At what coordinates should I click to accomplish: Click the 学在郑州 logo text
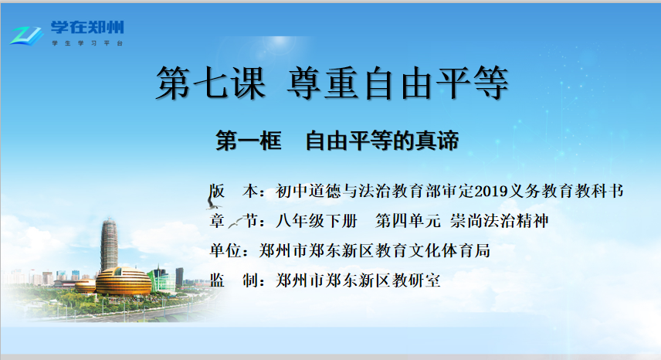pyautogui.click(x=87, y=28)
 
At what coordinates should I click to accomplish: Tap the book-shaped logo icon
pyautogui.click(x=26, y=36)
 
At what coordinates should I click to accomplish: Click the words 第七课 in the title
pyautogui.click(x=211, y=83)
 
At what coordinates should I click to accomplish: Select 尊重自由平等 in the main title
pyautogui.click(x=398, y=83)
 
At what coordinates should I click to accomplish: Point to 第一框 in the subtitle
pyautogui.click(x=249, y=141)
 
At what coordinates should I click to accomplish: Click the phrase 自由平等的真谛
pyautogui.click(x=382, y=141)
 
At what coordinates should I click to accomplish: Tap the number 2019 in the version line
pyautogui.click(x=492, y=192)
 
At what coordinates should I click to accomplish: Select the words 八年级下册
pyautogui.click(x=317, y=221)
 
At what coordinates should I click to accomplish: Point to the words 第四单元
pyautogui.click(x=408, y=221)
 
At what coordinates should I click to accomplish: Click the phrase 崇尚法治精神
pyautogui.click(x=499, y=221)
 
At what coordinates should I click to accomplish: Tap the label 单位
pyautogui.click(x=225, y=251)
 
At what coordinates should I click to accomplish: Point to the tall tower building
pyautogui.click(x=109, y=243)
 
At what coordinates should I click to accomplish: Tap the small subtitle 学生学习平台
pyautogui.click(x=87, y=43)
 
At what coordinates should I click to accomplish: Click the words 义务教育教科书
pyautogui.click(x=566, y=192)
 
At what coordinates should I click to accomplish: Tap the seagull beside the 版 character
pyautogui.click(x=213, y=204)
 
